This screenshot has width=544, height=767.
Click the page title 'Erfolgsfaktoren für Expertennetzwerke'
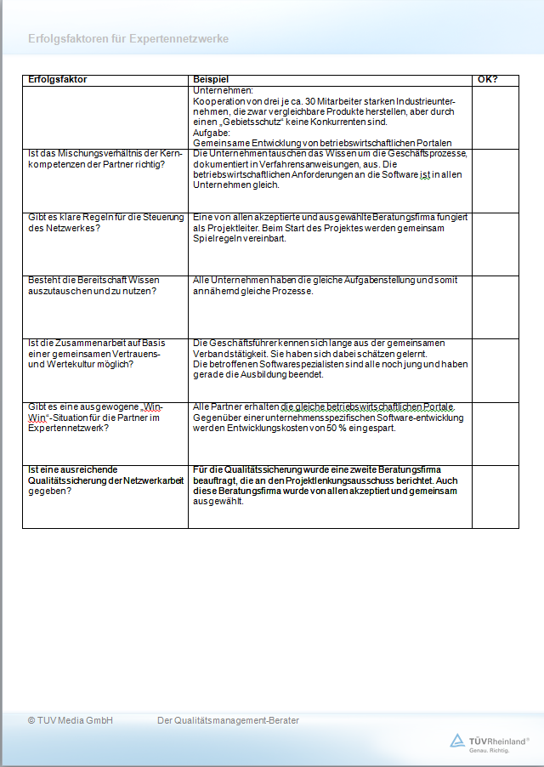point(128,39)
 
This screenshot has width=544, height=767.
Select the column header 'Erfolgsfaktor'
point(58,80)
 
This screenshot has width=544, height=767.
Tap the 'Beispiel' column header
point(212,80)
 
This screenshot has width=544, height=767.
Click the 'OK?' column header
point(488,80)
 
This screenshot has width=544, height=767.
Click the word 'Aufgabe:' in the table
point(212,133)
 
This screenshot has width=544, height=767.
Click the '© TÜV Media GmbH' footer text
point(70,721)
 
